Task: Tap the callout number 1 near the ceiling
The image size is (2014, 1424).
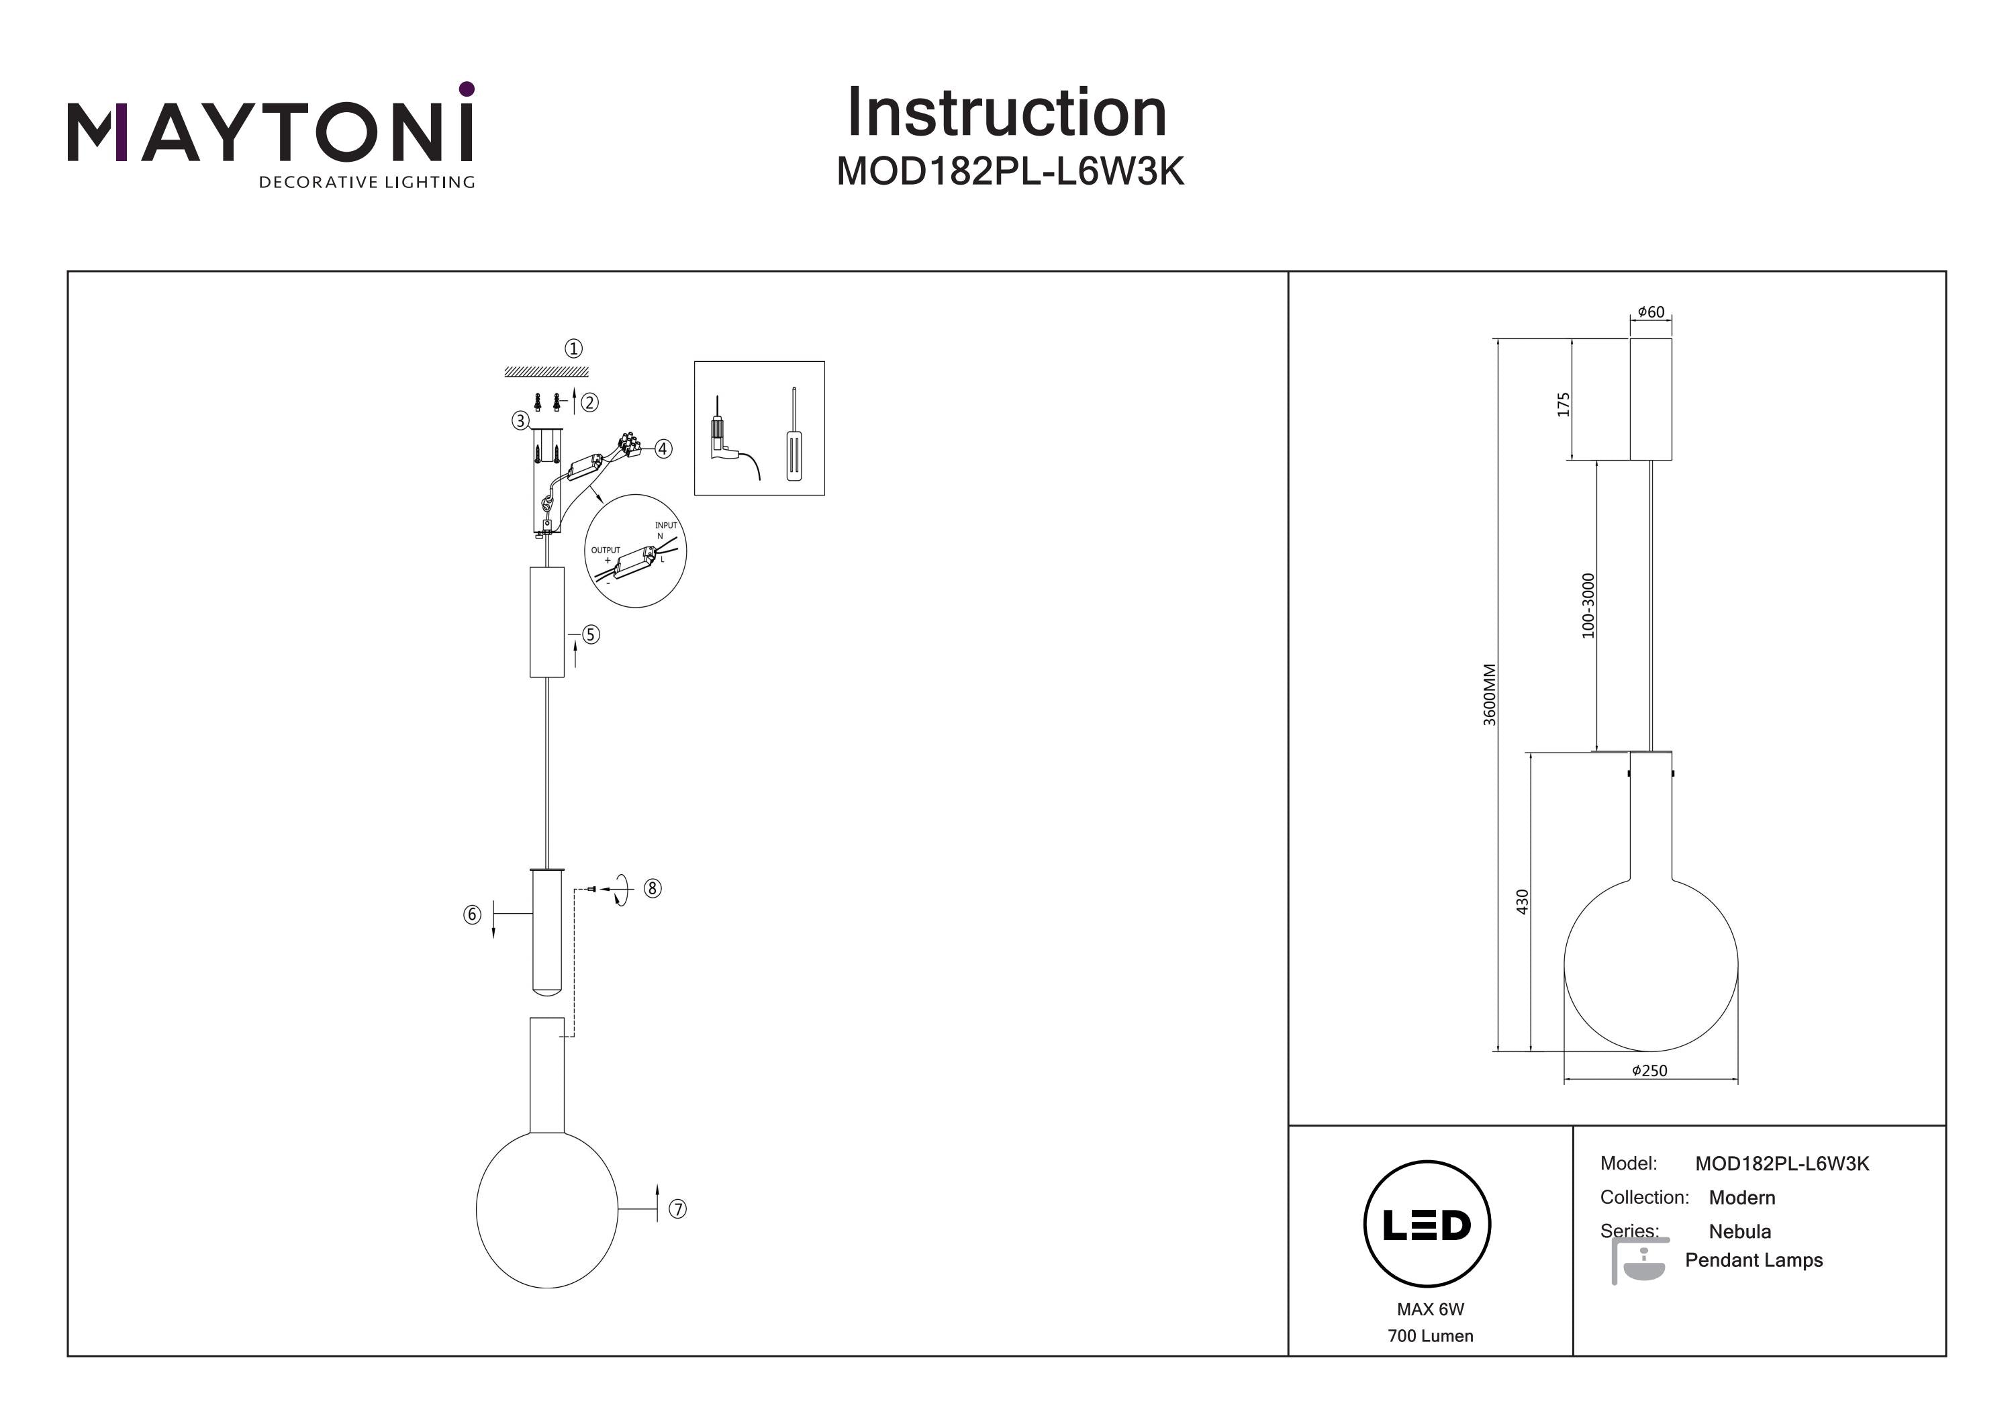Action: coord(574,349)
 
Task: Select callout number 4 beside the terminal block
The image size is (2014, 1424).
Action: coord(663,449)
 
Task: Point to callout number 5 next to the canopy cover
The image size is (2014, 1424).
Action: coord(591,634)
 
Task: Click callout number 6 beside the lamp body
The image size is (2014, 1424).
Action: coord(472,915)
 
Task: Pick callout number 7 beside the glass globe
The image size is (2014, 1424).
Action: coord(677,1209)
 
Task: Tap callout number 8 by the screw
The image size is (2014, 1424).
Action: coord(653,889)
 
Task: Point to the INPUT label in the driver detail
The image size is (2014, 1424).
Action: coord(666,526)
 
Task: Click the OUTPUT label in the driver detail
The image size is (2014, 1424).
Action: coord(606,550)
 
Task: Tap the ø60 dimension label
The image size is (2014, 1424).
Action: coord(1651,312)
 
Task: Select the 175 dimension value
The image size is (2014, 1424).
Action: coord(1563,404)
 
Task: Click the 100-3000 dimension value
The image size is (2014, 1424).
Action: coord(1588,606)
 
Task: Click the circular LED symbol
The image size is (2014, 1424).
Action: coord(1427,1225)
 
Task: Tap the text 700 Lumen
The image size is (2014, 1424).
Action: coord(1430,1336)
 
